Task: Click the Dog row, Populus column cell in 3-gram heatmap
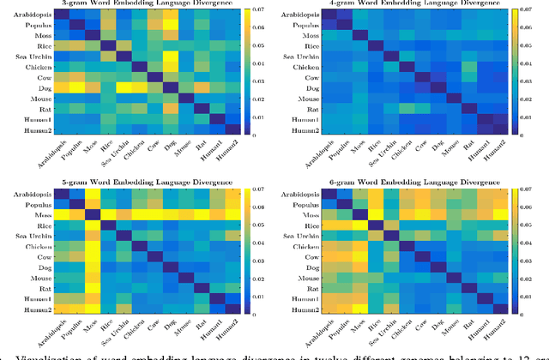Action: tap(77, 87)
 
